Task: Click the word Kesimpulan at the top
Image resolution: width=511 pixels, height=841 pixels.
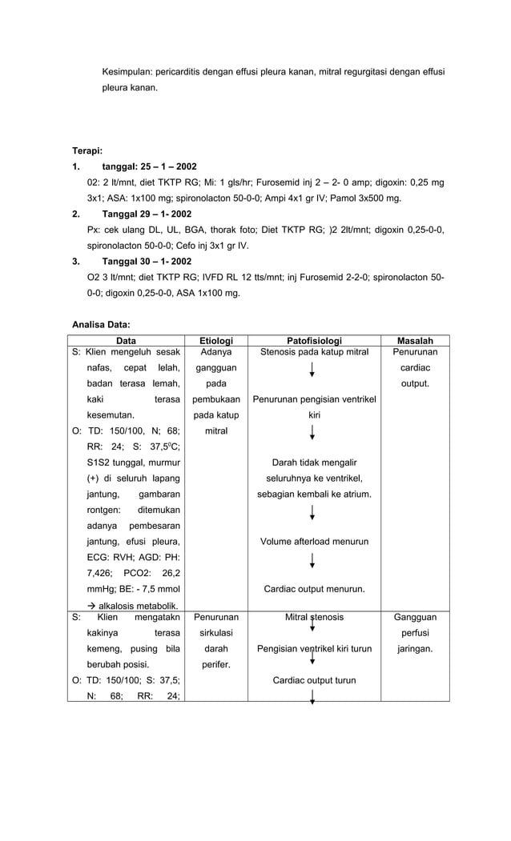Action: (127, 72)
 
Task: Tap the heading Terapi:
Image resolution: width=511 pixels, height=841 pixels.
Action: (87, 150)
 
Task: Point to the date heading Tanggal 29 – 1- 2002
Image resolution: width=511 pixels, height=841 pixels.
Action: (147, 214)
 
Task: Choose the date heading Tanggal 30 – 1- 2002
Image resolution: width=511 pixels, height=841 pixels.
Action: (147, 262)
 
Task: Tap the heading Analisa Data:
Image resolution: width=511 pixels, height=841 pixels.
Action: (101, 325)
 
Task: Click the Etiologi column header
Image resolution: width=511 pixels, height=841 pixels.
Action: (215, 341)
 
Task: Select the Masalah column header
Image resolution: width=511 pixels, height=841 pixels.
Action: (415, 341)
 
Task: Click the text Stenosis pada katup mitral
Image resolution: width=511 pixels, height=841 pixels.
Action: (314, 352)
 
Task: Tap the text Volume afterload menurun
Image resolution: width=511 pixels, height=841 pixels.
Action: (314, 542)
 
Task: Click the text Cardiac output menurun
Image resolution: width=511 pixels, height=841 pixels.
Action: (314, 590)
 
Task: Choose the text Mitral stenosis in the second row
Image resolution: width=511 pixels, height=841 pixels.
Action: (314, 618)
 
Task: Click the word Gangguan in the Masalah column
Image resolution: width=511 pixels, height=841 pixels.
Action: (415, 618)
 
